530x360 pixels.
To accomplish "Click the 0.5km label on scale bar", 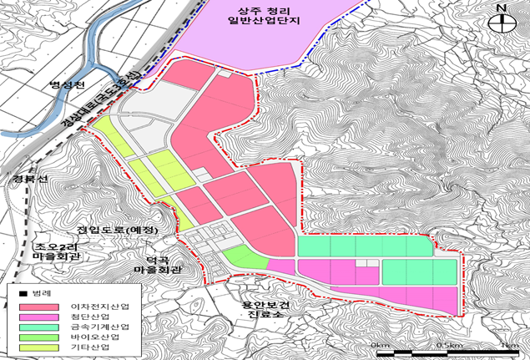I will pos(450,343).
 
